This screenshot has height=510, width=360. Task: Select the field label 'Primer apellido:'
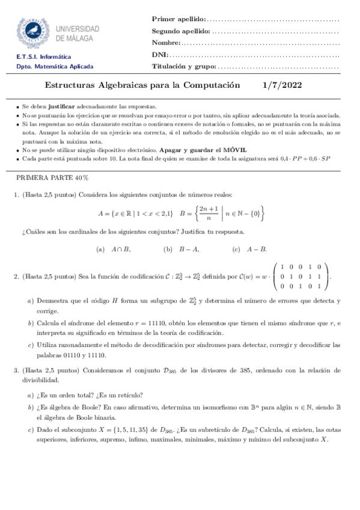tap(178, 20)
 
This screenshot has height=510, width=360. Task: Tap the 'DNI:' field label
tap(159, 55)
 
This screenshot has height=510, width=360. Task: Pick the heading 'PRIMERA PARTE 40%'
tap(52, 179)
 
